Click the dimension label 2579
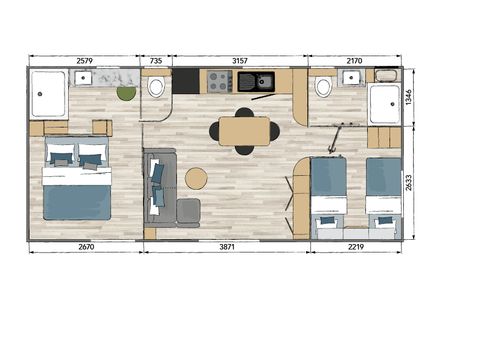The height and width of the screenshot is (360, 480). pos(87,61)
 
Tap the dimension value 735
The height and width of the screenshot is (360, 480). pos(155,61)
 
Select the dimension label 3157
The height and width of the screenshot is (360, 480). pos(239,61)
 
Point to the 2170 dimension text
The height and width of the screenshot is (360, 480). pos(354,61)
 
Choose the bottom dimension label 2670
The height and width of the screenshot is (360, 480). pos(86,247)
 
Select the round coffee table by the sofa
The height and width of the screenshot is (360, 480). pos(196,179)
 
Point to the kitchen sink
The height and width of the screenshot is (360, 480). pos(265,81)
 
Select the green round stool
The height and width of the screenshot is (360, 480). pos(126,94)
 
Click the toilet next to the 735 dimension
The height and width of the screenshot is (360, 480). pos(156,88)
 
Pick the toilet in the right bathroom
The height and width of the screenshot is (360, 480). pos(323,88)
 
